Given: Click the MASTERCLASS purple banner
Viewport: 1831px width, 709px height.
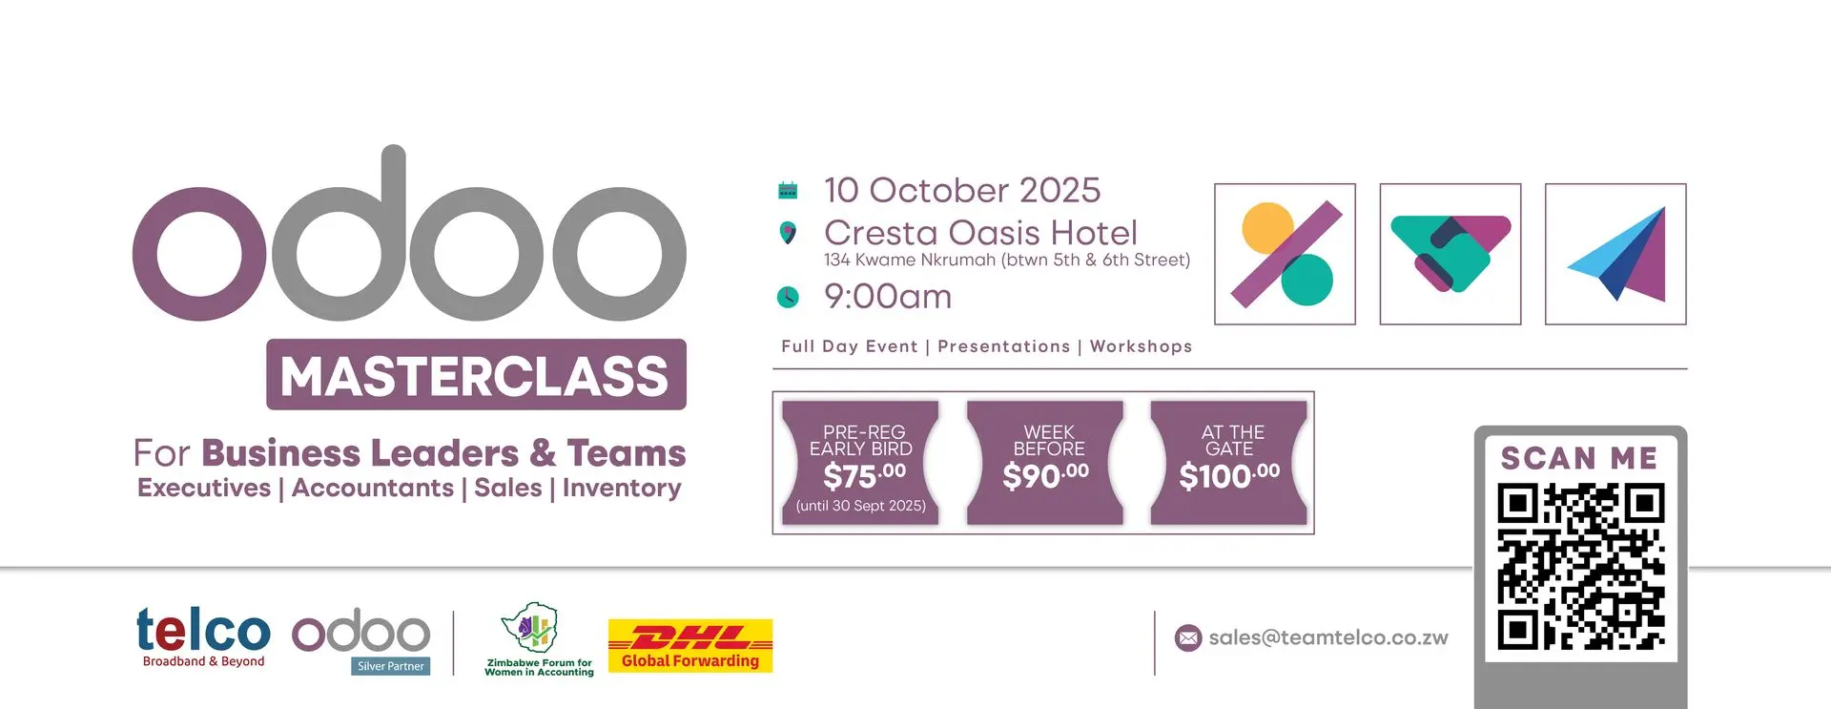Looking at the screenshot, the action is [x=476, y=374].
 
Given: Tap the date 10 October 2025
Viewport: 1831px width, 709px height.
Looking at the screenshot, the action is [x=962, y=190].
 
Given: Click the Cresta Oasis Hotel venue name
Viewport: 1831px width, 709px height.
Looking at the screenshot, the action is [x=980, y=232].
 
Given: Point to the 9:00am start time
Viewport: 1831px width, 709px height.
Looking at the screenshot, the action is [x=888, y=297].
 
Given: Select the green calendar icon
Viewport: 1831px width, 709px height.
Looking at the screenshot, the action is [x=788, y=190].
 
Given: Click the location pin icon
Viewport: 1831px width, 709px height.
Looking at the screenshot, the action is [x=788, y=232].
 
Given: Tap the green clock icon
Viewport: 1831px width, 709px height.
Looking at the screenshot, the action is [x=788, y=297].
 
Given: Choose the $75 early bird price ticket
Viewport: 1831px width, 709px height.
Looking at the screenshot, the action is [x=860, y=463].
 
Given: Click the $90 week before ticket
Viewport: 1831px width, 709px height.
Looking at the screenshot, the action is [x=1045, y=463].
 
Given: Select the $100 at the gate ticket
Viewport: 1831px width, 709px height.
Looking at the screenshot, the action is [x=1229, y=463].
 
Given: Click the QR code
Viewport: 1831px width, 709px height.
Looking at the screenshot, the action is [x=1580, y=567].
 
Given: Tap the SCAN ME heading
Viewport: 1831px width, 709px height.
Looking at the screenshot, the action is [x=1579, y=458].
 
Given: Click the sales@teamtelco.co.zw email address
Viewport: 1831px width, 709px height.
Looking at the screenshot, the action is [x=1328, y=637].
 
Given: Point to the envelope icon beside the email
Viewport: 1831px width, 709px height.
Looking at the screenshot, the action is [x=1188, y=637].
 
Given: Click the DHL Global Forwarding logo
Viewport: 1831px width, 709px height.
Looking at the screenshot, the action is [x=690, y=645].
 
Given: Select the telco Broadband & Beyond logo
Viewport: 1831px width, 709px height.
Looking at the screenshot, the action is [x=203, y=636].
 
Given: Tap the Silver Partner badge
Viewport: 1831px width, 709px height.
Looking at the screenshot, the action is [x=391, y=666].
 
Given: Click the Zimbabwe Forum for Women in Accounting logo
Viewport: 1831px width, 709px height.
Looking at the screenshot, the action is [x=539, y=639].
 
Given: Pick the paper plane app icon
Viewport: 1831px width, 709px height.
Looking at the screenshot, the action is [x=1615, y=254].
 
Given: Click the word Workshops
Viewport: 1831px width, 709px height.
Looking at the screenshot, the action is [x=1141, y=346].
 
